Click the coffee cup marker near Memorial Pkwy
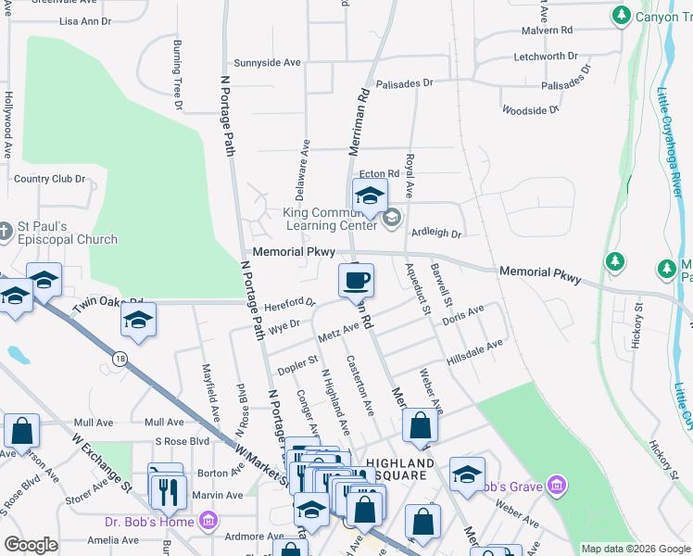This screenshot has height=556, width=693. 357,279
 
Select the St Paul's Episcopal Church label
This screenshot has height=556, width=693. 65,233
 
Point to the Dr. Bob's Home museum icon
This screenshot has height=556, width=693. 208,521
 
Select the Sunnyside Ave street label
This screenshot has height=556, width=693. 268,63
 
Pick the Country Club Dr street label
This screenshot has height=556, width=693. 50,179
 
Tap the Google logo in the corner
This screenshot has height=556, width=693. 31,545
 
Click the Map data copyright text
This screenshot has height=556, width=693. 636,549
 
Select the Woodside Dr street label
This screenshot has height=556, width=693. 530,109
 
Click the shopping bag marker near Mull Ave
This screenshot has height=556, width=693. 21,431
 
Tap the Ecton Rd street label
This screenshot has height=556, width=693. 379,173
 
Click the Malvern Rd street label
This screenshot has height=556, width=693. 547,31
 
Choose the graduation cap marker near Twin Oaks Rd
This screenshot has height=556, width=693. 138,321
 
